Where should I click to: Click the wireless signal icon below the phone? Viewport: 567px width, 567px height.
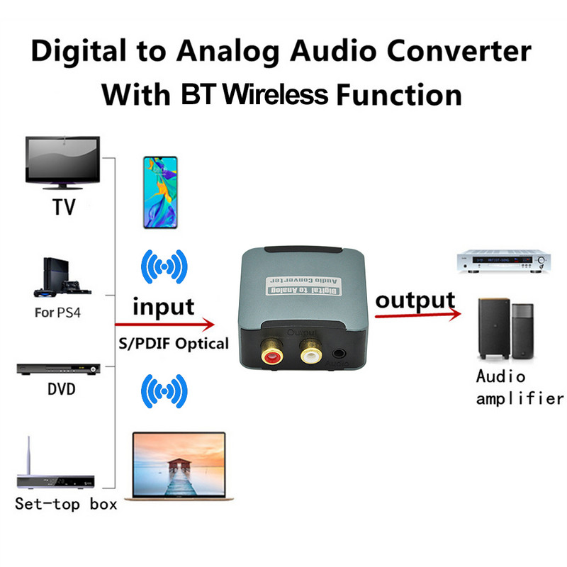tap(164, 267)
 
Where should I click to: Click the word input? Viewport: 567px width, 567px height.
tap(164, 307)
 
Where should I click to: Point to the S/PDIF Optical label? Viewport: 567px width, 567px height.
tap(173, 344)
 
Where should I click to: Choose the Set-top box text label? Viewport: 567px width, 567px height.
tap(66, 505)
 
